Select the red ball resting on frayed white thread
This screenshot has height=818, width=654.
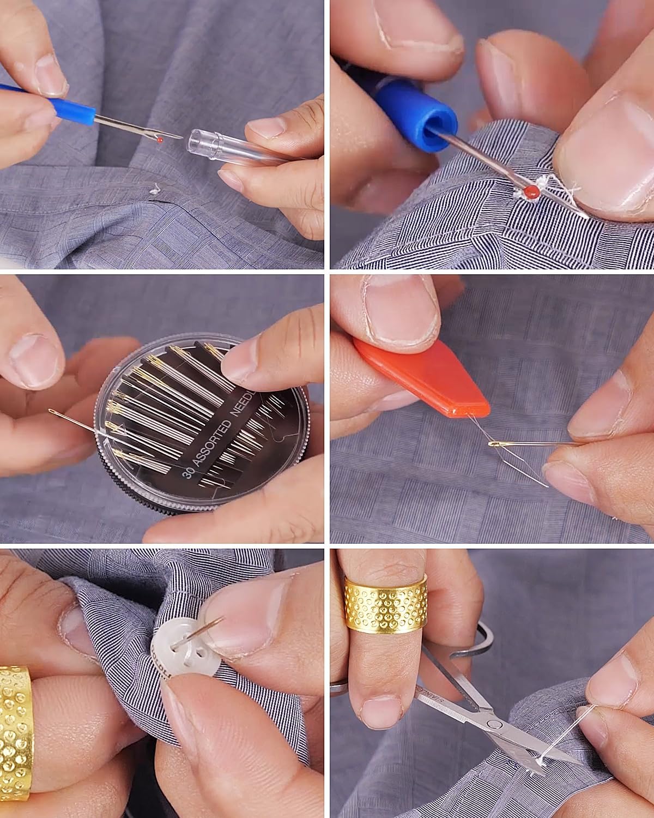(x=530, y=191)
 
